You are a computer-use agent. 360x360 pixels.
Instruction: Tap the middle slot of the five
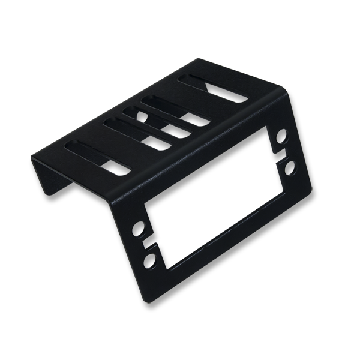tap(158, 119)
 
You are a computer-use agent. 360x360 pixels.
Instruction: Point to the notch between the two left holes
tap(148, 245)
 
